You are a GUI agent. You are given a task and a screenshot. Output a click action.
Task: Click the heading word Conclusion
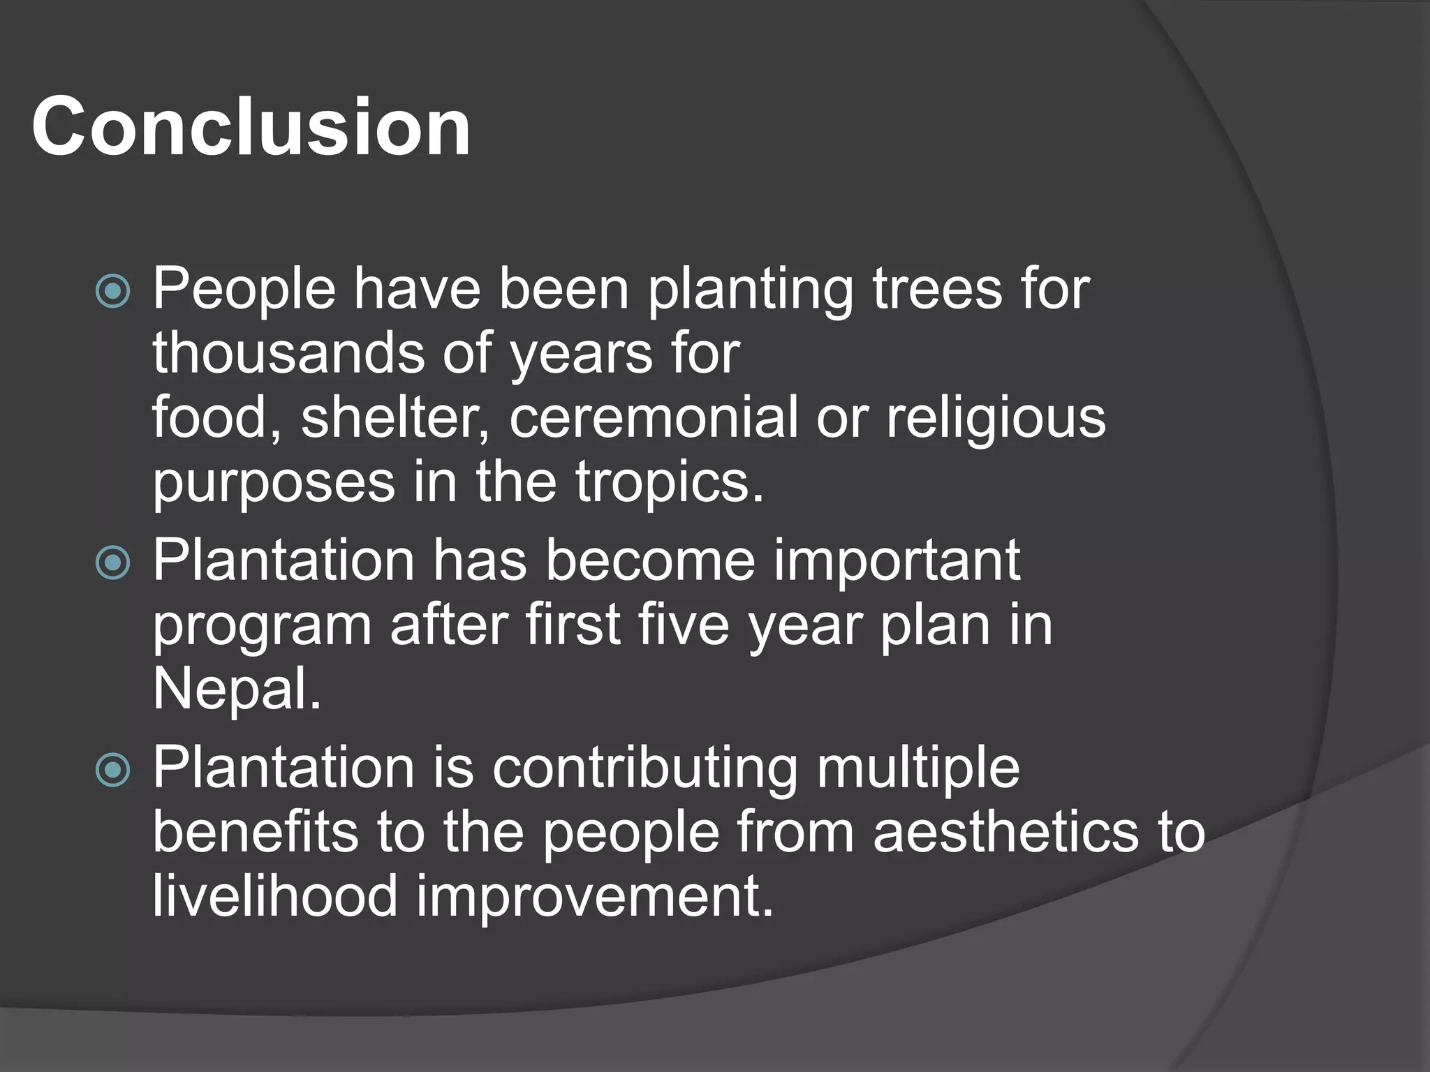point(251,126)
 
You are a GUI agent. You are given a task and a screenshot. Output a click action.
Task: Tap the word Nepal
point(237,689)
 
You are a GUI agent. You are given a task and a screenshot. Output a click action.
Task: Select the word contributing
point(644,768)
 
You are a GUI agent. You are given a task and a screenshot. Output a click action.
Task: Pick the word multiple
point(918,768)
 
